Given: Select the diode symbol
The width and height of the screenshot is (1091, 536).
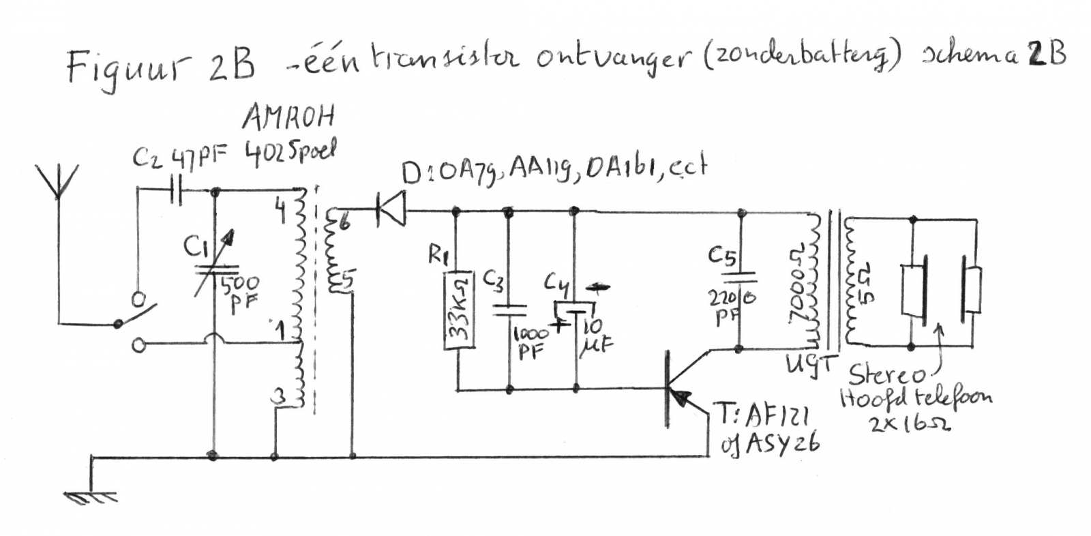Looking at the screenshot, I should pos(391,210).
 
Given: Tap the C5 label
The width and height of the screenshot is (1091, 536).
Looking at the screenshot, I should pos(722,256).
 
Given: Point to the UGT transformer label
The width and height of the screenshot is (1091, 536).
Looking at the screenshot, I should pos(809,364).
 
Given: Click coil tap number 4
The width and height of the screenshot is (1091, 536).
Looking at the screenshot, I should pos(280,211).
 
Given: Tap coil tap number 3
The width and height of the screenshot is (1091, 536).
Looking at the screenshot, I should pos(278,396).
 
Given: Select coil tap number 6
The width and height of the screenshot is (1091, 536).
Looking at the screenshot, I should pos(344,222).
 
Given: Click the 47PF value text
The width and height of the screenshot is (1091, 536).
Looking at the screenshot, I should pos(198,158).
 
